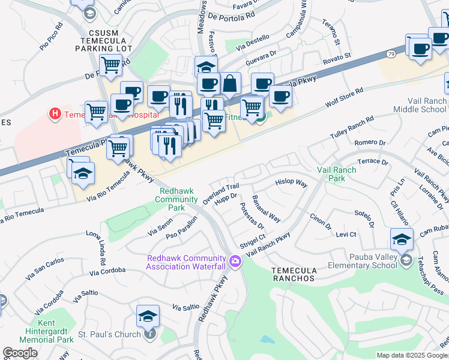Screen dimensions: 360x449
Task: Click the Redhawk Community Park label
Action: [177, 199]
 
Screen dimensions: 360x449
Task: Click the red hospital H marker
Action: [55, 113]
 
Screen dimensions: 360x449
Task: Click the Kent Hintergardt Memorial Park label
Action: [49, 335]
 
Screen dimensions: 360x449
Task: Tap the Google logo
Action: [20, 353]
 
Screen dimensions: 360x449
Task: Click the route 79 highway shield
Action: [391, 54]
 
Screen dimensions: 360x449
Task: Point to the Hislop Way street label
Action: [291, 182]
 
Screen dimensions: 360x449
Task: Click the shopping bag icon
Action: [229, 83]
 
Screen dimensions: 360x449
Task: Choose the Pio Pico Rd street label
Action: [51, 36]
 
